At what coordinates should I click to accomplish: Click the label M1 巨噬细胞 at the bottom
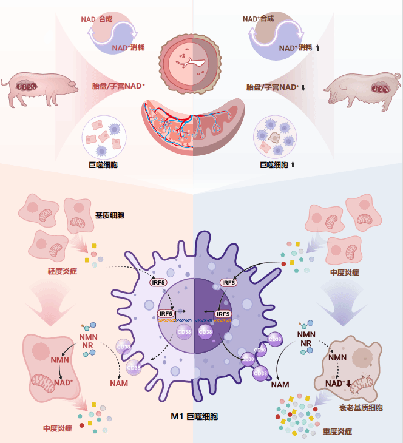(x=194, y=416)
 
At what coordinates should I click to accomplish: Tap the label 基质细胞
(x=110, y=215)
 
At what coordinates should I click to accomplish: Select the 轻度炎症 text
(x=63, y=271)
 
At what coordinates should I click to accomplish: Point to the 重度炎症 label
(x=337, y=431)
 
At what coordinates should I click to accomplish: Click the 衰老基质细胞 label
(x=361, y=408)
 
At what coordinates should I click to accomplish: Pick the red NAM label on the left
(x=119, y=383)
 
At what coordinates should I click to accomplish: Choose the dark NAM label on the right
(x=280, y=385)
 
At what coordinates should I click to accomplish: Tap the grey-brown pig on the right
(x=363, y=91)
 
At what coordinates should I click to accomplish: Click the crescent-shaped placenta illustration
(x=193, y=127)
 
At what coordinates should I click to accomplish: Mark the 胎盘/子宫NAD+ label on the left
(x=118, y=86)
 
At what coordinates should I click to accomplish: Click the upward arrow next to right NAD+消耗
(x=317, y=48)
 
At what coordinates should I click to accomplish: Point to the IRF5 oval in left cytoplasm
(x=158, y=283)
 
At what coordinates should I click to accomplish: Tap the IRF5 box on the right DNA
(x=223, y=314)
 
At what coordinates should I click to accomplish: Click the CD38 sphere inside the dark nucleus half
(x=205, y=332)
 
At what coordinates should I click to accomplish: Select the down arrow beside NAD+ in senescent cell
(x=348, y=384)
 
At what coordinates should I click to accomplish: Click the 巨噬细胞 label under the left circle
(x=103, y=165)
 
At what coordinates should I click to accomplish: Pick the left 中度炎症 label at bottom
(x=58, y=428)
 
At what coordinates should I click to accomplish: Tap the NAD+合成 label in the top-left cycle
(x=97, y=19)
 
